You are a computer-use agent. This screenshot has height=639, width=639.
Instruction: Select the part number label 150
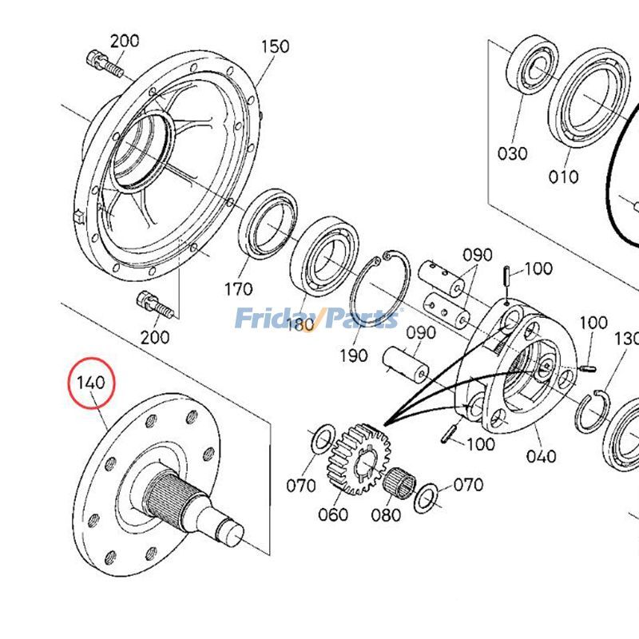coord(274,47)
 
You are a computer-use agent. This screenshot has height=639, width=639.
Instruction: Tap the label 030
coord(512,153)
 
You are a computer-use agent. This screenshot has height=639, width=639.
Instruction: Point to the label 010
coord(563,176)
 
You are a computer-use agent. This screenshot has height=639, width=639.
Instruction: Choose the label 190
coord(353,355)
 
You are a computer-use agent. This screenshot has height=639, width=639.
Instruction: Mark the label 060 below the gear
coord(332,514)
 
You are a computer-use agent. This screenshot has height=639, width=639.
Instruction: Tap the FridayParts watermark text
coord(316,319)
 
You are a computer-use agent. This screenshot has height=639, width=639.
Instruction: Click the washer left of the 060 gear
coord(322,438)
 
